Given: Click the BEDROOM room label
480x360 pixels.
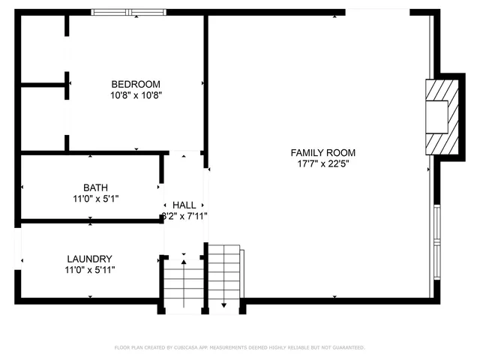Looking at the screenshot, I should (x=136, y=84).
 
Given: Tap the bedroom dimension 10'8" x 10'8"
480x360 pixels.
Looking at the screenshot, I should (x=136, y=95).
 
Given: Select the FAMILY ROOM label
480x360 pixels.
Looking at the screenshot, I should (x=322, y=152).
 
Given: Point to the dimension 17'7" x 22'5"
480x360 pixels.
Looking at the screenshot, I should (x=322, y=163).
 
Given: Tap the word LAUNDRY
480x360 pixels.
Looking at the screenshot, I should (x=89, y=258).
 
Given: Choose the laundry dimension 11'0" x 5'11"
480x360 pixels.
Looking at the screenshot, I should (x=89, y=269).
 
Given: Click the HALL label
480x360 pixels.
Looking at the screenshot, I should (x=184, y=205).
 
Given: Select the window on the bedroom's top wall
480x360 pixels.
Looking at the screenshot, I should (x=129, y=12).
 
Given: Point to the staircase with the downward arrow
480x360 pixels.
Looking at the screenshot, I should (x=224, y=277).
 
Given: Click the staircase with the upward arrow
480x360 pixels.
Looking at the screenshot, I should (x=184, y=285).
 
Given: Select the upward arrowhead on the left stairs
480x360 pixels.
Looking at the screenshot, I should (x=184, y=262).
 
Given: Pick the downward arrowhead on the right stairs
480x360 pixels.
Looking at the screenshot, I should (x=224, y=306).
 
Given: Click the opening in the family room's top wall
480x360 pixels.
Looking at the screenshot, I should (x=377, y=11).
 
